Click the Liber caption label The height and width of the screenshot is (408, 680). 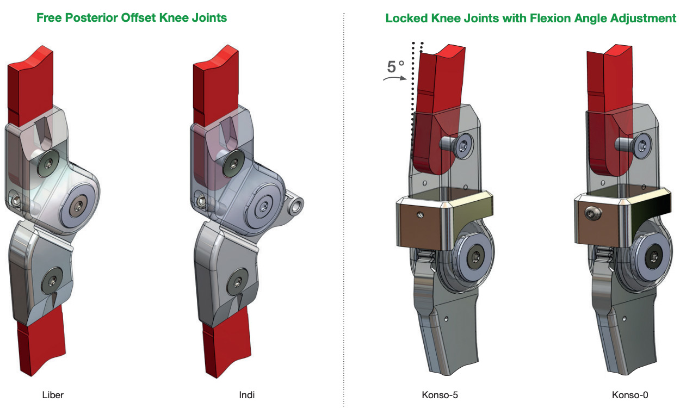[53, 395]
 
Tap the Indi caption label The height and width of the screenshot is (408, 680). [247, 395]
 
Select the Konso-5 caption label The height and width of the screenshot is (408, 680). [440, 395]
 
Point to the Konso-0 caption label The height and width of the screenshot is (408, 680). [630, 395]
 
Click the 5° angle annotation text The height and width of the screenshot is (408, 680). [395, 67]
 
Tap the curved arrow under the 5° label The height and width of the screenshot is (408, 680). [394, 79]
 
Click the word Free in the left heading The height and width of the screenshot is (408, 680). [49, 17]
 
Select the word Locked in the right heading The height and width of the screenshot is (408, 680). [406, 18]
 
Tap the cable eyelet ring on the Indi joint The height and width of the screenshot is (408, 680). [296, 206]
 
